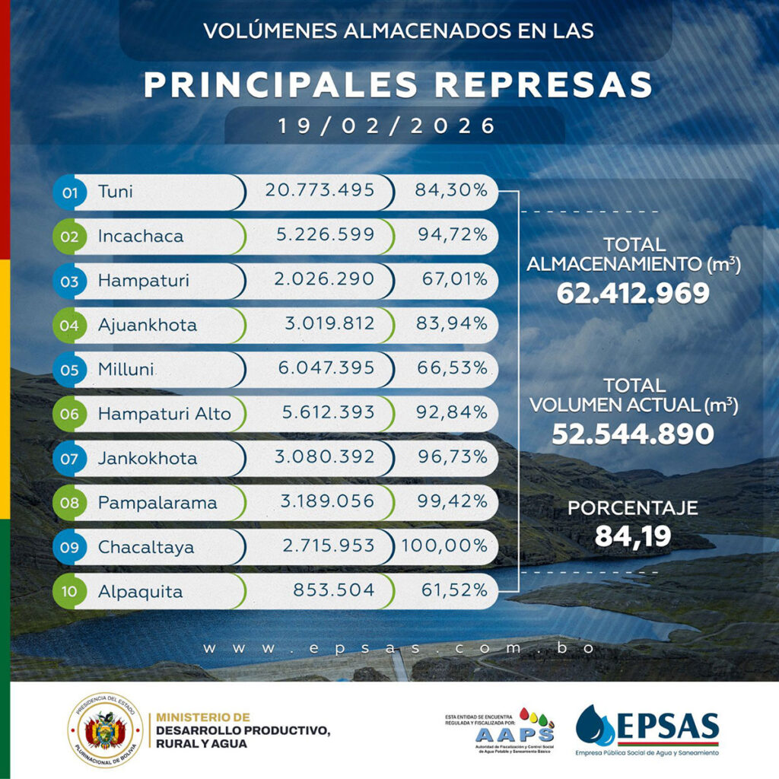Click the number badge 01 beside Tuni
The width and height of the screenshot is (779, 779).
[70, 192]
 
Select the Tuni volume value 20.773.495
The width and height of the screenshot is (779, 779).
[320, 190]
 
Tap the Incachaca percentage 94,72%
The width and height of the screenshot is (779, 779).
[452, 235]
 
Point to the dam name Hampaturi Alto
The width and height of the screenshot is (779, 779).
[164, 414]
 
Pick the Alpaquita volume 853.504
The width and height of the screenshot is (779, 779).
[334, 590]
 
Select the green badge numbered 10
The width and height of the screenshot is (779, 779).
[70, 592]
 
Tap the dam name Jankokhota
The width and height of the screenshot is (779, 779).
[148, 458]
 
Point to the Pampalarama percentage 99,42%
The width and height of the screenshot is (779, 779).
[452, 502]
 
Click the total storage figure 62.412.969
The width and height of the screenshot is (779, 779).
[633, 293]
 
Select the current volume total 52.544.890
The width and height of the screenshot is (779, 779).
[633, 434]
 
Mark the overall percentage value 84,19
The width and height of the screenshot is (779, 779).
[633, 536]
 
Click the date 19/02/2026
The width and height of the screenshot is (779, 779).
[387, 126]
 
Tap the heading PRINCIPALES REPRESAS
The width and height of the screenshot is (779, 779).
[398, 85]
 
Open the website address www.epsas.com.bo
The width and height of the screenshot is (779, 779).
[398, 648]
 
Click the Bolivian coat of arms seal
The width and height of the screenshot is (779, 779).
[105, 730]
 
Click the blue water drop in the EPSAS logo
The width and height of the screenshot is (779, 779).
[594, 726]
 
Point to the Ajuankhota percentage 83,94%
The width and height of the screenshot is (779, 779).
[452, 324]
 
